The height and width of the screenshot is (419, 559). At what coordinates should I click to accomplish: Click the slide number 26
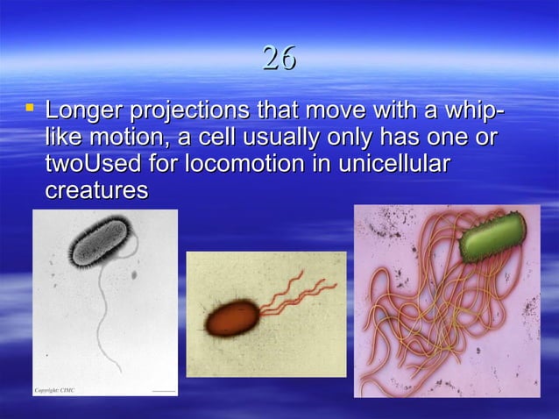click(279, 59)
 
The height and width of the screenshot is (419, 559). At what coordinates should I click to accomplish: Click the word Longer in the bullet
click(84, 112)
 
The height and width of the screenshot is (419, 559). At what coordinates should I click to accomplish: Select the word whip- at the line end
click(473, 112)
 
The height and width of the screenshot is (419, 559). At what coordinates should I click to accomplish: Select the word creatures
click(96, 189)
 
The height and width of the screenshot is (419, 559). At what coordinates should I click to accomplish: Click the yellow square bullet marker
click(31, 110)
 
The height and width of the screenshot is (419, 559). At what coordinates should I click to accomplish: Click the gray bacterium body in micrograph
click(98, 242)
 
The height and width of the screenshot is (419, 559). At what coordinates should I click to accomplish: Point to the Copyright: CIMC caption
click(55, 389)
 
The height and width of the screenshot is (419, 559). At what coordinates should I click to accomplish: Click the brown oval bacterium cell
click(232, 318)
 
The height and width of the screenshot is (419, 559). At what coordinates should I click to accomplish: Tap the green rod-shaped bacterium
click(492, 236)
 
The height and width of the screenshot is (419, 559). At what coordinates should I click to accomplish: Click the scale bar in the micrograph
click(164, 389)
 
